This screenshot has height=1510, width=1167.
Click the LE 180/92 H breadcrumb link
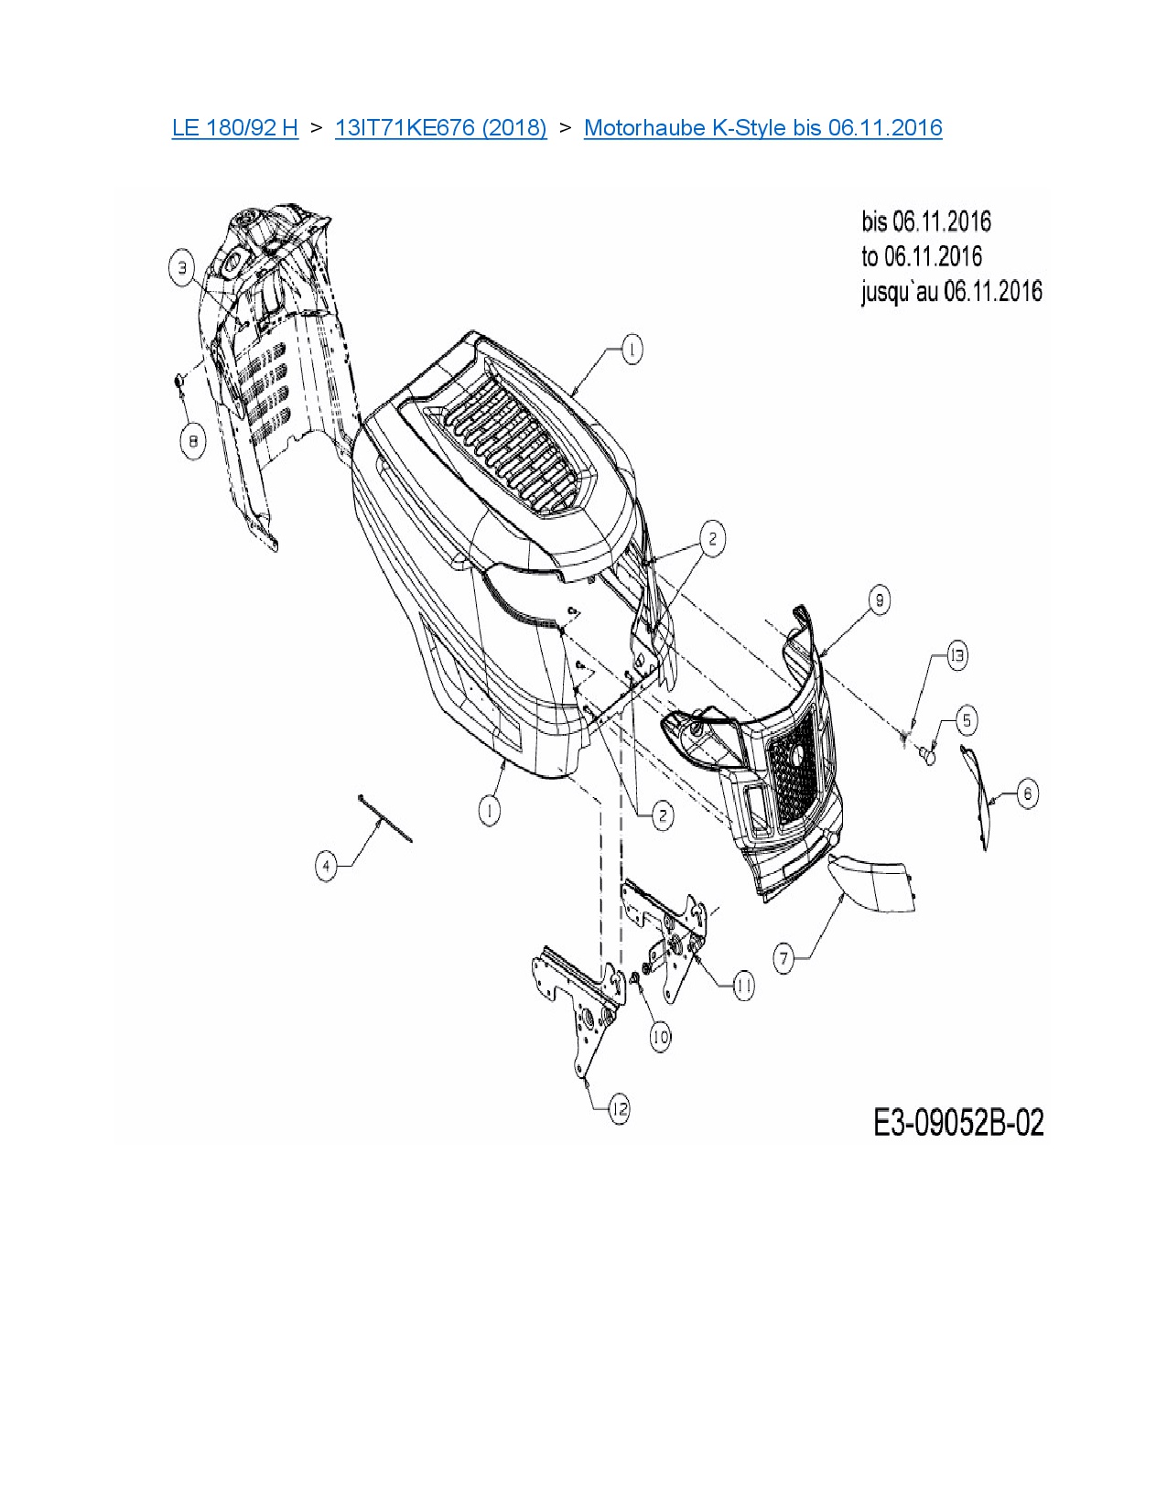(x=234, y=127)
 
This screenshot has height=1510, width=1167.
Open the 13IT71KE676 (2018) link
(x=440, y=127)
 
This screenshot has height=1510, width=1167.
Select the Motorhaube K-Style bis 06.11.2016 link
(x=762, y=127)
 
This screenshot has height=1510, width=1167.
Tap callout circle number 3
(x=183, y=268)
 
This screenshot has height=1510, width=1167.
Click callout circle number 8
(x=192, y=443)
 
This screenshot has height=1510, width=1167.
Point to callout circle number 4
(x=327, y=865)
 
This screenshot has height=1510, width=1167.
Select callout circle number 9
(x=879, y=600)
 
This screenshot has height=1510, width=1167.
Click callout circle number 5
(x=967, y=720)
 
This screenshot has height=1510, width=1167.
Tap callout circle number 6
(x=1027, y=793)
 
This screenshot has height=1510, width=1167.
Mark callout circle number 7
(x=784, y=958)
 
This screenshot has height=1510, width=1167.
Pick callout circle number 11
(x=743, y=986)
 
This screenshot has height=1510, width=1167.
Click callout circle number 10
(x=660, y=1036)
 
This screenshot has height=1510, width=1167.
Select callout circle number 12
(x=620, y=1109)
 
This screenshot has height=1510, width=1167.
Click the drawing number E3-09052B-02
(x=958, y=1123)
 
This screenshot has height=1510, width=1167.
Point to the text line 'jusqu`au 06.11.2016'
(x=951, y=292)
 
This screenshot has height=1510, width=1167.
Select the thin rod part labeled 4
(x=385, y=818)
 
